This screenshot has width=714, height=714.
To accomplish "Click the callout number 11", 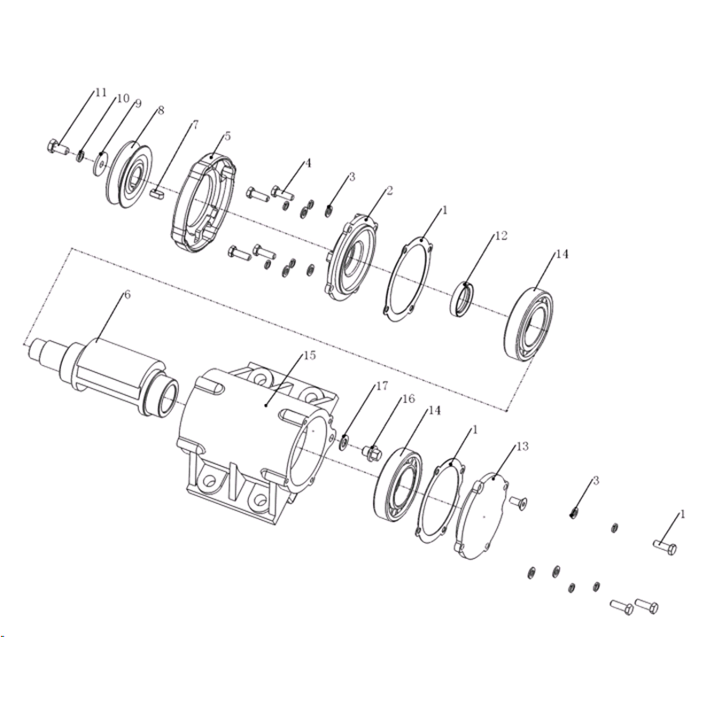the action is click(x=100, y=92).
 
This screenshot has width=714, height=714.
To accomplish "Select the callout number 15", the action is click(x=309, y=355).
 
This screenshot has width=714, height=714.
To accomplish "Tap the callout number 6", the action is click(x=127, y=295).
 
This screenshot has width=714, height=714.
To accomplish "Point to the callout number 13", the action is click(x=523, y=446).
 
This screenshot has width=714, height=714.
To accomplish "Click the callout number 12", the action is click(x=501, y=236).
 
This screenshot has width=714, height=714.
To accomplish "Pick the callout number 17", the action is click(x=382, y=385).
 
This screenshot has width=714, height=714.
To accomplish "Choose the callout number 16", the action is click(x=409, y=399).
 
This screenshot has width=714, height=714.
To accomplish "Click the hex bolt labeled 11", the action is click(x=58, y=147).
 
